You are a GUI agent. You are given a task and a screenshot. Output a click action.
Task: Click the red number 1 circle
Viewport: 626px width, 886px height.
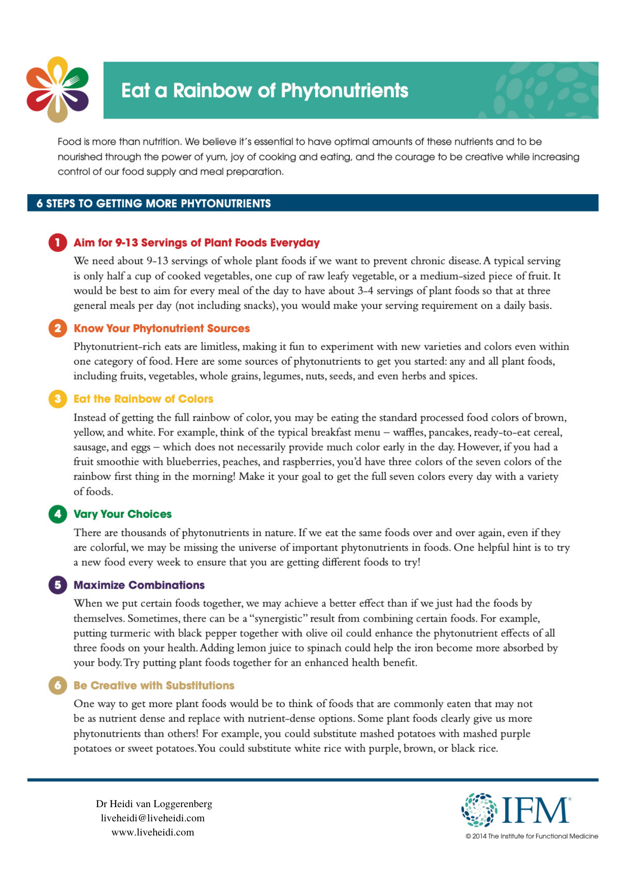click(x=58, y=243)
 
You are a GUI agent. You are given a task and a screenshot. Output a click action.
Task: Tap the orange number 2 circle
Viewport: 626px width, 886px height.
click(x=58, y=328)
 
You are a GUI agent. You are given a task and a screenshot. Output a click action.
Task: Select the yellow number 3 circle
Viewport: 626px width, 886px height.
click(x=58, y=399)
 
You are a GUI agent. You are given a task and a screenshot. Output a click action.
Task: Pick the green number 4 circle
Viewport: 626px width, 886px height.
click(x=58, y=514)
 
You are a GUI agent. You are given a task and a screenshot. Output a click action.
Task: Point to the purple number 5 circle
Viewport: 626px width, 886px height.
click(x=58, y=585)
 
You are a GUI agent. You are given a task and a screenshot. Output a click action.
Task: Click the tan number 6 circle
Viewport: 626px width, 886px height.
click(x=58, y=685)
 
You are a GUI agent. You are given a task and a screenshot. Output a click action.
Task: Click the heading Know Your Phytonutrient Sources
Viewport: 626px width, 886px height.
click(x=162, y=328)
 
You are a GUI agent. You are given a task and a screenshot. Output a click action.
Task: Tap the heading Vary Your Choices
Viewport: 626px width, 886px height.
click(x=123, y=514)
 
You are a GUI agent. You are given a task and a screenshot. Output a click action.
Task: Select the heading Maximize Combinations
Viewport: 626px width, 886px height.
click(x=139, y=585)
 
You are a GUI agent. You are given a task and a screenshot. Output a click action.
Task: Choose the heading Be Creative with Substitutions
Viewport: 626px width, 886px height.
click(x=154, y=685)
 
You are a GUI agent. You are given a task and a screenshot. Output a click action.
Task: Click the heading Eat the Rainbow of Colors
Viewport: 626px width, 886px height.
click(x=143, y=399)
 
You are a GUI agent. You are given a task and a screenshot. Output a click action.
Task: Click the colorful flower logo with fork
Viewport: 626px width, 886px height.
click(x=58, y=89)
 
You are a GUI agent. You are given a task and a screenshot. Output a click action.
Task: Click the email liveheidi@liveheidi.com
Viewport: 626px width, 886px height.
click(x=153, y=818)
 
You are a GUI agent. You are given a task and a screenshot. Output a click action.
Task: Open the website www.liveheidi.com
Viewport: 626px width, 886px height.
click(x=153, y=832)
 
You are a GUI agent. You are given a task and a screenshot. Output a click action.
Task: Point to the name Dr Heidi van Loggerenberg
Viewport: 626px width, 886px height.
click(x=154, y=804)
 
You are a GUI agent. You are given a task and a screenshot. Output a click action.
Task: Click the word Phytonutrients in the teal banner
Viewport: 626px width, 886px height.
click(x=344, y=90)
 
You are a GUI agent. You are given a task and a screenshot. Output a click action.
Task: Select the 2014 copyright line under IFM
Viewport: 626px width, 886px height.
click(x=532, y=836)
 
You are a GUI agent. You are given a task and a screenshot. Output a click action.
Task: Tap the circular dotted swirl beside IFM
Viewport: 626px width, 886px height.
click(x=479, y=810)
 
